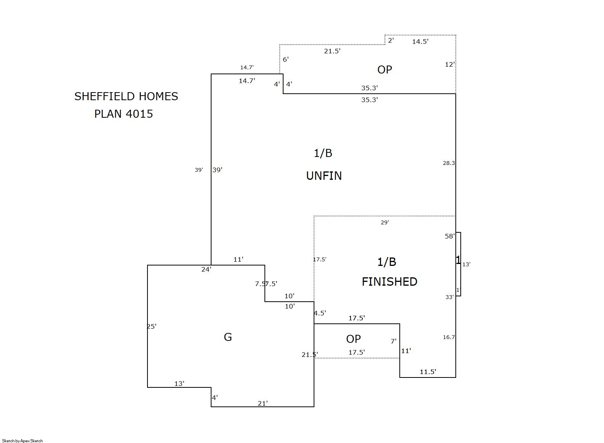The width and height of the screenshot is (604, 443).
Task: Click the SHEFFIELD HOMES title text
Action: tap(126, 96)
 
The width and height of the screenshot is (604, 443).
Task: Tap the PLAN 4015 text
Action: tap(123, 114)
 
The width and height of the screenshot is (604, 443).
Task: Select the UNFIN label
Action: tap(324, 176)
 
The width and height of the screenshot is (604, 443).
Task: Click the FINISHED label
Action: tap(389, 281)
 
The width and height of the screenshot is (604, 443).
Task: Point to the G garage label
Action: tap(228, 337)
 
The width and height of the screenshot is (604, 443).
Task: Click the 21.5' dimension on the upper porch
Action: tap(332, 51)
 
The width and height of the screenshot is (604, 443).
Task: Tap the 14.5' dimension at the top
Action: tap(420, 42)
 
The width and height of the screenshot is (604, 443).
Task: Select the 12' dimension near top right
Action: tap(450, 64)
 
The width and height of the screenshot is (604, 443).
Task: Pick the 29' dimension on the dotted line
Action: tap(385, 222)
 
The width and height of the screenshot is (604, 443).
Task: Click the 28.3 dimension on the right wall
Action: tap(449, 163)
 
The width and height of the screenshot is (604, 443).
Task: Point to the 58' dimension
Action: tap(450, 236)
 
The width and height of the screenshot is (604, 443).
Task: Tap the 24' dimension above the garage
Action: tap(206, 269)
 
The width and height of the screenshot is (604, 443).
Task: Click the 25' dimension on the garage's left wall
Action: tap(152, 326)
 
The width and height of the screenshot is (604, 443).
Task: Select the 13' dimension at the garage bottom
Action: tap(179, 384)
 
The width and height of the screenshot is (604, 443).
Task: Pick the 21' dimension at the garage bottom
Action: tap(263, 403)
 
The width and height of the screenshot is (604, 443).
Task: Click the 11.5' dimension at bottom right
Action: tap(428, 372)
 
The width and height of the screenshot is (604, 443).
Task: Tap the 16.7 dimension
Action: tap(449, 337)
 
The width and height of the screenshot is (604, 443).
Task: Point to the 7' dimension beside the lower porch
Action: tap(394, 341)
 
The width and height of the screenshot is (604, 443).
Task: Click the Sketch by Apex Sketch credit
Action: tap(22, 441)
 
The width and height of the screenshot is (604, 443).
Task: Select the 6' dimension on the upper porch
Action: tap(286, 59)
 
